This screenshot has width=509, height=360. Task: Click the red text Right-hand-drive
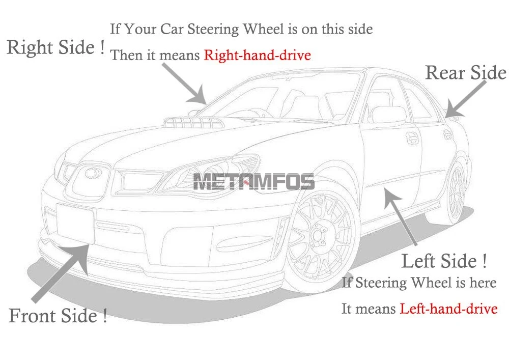click(257, 55)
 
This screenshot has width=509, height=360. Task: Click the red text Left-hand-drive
click(448, 309)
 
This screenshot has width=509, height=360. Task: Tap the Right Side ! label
click(56, 47)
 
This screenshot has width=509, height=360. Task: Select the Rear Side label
click(466, 72)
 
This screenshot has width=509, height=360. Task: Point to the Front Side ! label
click(58, 316)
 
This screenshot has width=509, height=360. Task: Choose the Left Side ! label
click(444, 261)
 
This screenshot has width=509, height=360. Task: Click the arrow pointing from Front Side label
click(61, 273)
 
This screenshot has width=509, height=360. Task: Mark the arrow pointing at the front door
click(401, 216)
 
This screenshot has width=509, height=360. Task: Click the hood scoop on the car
click(194, 122)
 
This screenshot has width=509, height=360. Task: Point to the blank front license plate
click(75, 224)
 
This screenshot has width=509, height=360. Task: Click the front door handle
click(412, 137)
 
